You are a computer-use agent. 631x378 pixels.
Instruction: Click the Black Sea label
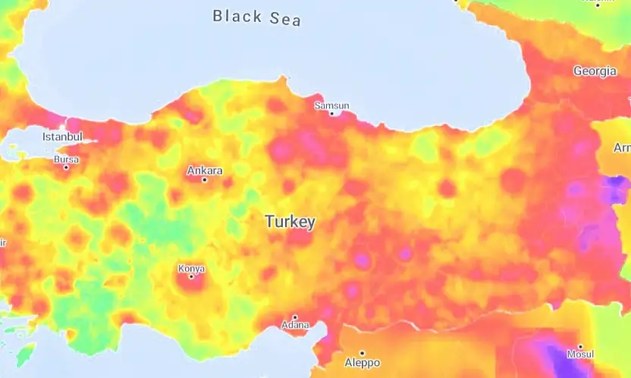pos(256,17)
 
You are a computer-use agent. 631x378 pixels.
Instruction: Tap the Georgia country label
pos(595,71)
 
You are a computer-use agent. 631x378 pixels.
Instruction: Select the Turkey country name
pos(290,222)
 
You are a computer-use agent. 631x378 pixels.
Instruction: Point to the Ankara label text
pos(205,170)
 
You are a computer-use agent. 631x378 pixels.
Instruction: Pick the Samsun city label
pos(332,106)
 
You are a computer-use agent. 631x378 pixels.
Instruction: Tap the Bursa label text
pos(66,159)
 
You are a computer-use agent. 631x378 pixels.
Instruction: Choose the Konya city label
pos(191,268)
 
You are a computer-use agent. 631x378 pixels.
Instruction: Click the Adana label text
pos(295,325)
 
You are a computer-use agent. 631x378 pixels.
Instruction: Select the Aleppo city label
pos(362,363)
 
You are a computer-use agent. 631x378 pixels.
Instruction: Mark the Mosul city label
pos(580,354)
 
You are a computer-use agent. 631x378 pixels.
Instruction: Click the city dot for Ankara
pos(205,180)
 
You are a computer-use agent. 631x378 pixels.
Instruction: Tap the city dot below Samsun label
pos(331,114)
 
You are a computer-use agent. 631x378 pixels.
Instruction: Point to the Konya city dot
pos(191,276)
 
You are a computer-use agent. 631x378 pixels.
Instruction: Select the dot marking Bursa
pos(66,167)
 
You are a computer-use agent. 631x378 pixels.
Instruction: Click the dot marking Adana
pos(295,317)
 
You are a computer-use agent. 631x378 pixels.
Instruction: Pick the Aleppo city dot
pos(362,353)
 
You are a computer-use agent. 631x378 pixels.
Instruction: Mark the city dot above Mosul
pos(580,346)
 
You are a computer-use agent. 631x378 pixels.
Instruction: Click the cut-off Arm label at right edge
pos(621,147)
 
